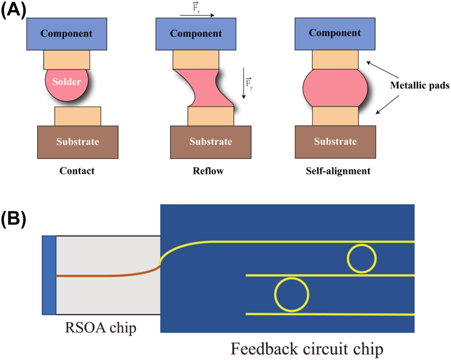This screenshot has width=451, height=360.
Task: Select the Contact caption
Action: [x=77, y=171]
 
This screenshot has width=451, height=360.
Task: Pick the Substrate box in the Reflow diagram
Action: [x=211, y=142]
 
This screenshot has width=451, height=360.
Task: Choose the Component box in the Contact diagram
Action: [x=67, y=34]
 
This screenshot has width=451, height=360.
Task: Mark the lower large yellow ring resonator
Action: [x=291, y=294]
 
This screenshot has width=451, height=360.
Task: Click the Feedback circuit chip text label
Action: [x=307, y=348]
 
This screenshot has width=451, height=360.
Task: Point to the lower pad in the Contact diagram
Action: [x=77, y=116]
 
